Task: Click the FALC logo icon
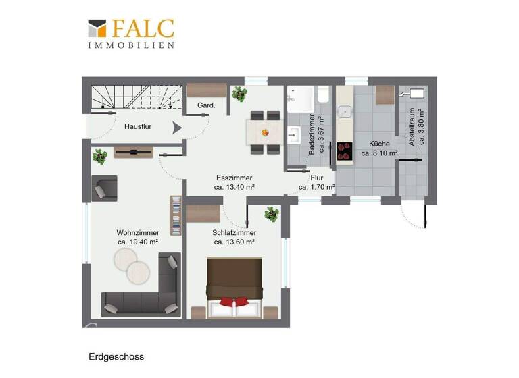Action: (97, 28)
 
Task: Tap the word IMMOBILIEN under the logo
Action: (131, 45)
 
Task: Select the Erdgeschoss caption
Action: (116, 356)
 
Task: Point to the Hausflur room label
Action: (141, 126)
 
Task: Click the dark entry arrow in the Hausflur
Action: (177, 127)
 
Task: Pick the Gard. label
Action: (206, 105)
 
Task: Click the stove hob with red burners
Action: (345, 151)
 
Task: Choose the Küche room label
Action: (379, 144)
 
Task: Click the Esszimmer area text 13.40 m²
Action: (234, 187)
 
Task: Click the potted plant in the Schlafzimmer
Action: (272, 215)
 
